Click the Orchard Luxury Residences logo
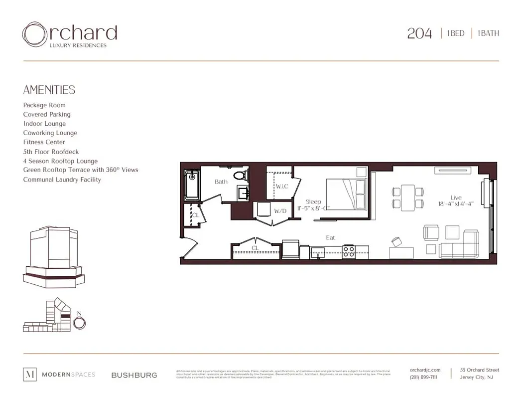tap(69, 35)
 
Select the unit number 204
tap(419, 33)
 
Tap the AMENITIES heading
tap(49, 90)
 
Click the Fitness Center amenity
tap(44, 142)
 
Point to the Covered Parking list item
tap(47, 114)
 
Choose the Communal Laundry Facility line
tap(62, 180)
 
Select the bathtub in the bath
tap(192, 186)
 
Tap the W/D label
tap(280, 211)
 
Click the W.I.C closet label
tap(282, 187)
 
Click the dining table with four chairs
tap(408, 197)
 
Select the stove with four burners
tap(349, 251)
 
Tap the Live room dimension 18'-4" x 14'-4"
tap(456, 203)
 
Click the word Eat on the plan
tap(330, 237)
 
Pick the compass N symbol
tap(79, 322)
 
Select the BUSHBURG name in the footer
tap(134, 375)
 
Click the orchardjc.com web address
tap(425, 370)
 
